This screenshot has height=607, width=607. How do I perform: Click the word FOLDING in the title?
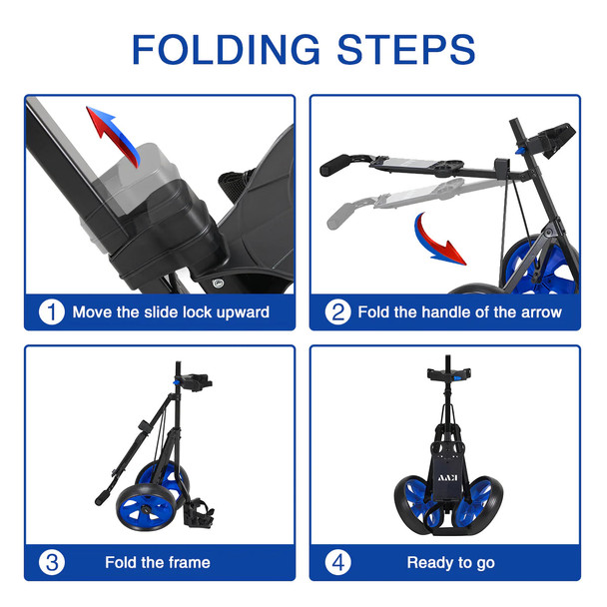(x=226, y=49)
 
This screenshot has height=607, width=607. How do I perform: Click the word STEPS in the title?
(x=406, y=49)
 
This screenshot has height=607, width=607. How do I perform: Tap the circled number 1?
(x=52, y=312)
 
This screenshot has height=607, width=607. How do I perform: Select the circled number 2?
(x=338, y=312)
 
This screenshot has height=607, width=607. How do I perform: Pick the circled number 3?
(x=52, y=562)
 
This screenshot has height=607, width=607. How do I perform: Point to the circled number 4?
(x=338, y=562)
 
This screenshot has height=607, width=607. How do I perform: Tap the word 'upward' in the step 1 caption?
(x=243, y=312)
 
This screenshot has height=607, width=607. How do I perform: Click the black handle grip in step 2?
(x=335, y=165)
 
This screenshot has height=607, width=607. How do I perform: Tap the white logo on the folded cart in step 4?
(x=448, y=477)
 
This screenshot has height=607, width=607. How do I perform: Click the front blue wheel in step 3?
(x=145, y=507)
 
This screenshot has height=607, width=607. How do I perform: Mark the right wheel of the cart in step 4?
(x=480, y=503)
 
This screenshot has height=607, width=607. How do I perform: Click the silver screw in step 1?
(x=218, y=284)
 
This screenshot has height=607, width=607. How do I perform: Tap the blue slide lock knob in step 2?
(x=520, y=150)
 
